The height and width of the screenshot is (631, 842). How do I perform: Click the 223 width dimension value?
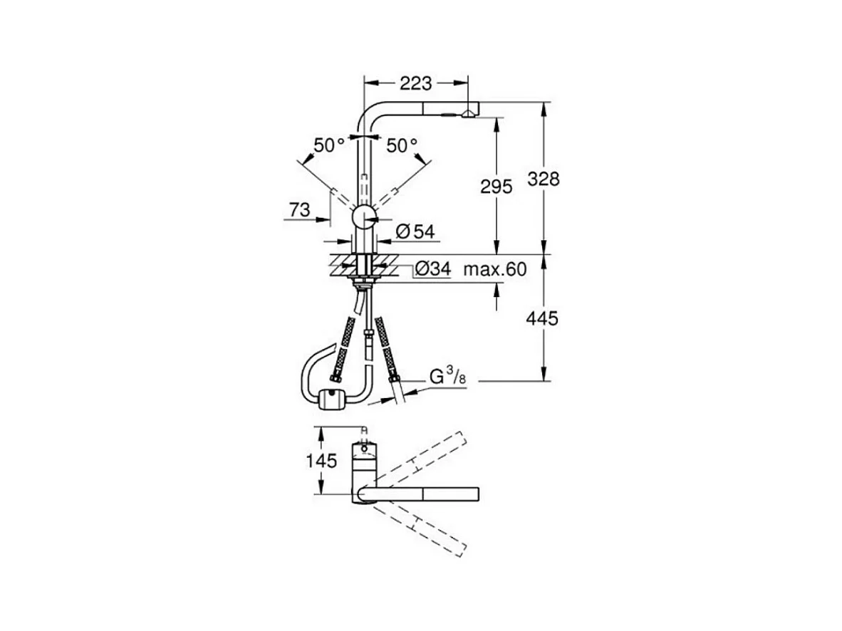point(415,83)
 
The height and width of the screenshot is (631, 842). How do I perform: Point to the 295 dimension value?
point(497,187)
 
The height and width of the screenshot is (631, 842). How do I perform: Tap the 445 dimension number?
point(542,318)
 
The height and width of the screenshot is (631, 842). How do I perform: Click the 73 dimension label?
point(300,209)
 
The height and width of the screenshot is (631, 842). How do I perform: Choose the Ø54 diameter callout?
point(415,231)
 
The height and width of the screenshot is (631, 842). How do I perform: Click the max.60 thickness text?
point(495,268)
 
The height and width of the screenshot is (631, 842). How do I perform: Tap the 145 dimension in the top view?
point(322,460)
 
